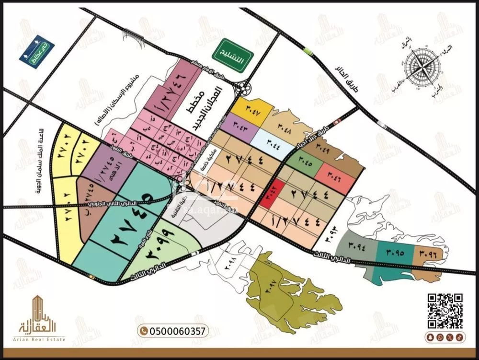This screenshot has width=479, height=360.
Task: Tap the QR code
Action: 444,311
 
